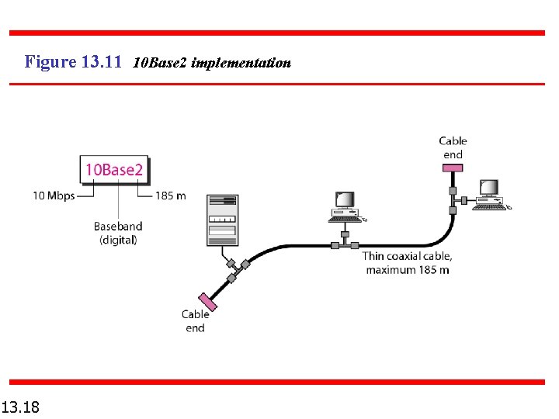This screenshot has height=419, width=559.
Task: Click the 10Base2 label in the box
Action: click(x=113, y=170)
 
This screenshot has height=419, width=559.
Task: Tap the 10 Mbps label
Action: click(x=54, y=196)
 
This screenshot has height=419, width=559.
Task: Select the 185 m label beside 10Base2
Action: click(x=170, y=196)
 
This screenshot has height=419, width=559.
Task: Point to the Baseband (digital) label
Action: click(x=118, y=233)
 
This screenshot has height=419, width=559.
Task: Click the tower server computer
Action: click(x=221, y=220)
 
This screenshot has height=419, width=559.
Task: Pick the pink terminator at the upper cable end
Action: click(x=452, y=168)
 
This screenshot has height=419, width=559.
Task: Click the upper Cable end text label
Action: click(x=453, y=147)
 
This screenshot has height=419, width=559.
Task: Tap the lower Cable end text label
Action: click(x=195, y=320)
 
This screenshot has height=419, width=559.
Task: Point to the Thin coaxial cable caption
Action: click(x=407, y=262)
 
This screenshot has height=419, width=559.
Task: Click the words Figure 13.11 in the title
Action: click(x=73, y=61)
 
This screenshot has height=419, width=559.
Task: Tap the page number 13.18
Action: click(x=21, y=407)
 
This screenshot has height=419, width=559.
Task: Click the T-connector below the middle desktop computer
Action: click(x=335, y=244)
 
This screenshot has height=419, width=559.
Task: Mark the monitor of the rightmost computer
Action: click(x=488, y=188)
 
